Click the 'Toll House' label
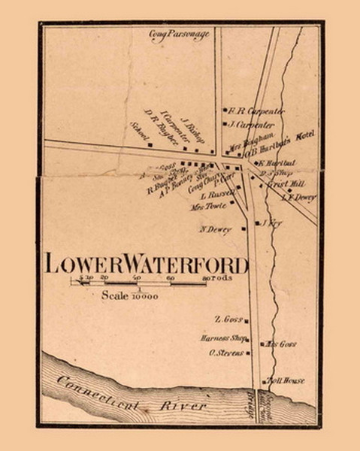click(286, 381)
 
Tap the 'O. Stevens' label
click(224, 352)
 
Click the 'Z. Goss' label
click(227, 319)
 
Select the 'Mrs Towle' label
click(207, 206)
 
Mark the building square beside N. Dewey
click(244, 229)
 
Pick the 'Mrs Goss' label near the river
click(283, 344)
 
